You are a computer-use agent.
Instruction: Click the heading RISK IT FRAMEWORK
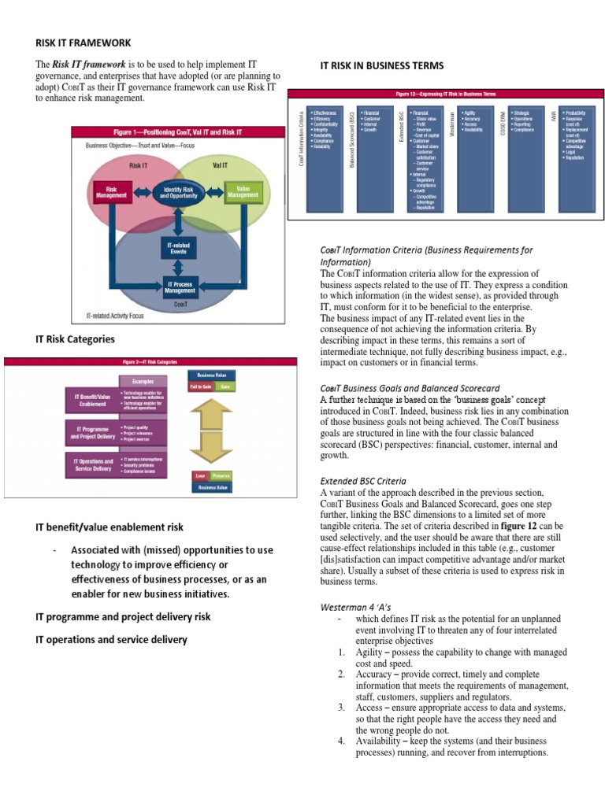(x=82, y=43)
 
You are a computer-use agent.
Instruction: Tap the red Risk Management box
(x=111, y=191)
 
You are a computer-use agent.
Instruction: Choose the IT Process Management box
(x=180, y=285)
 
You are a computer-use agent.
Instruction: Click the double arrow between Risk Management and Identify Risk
(x=141, y=191)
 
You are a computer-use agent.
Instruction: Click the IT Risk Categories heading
(x=76, y=339)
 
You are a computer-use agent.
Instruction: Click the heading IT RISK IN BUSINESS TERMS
(x=382, y=65)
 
